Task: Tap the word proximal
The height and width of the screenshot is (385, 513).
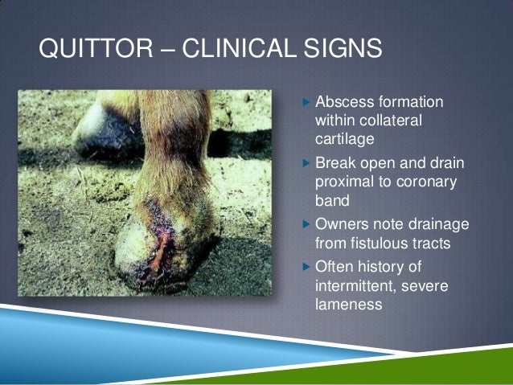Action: coord(345,182)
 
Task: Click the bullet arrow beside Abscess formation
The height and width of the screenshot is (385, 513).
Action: coord(304,104)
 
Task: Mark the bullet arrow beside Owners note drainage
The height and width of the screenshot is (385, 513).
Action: coord(304,223)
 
